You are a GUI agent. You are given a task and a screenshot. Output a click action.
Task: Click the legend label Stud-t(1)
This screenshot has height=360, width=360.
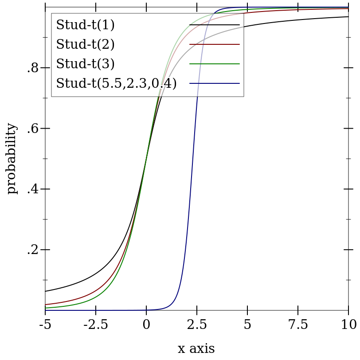pyautogui.click(x=85, y=25)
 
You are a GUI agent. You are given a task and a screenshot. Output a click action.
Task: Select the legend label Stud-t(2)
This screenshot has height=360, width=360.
pyautogui.click(x=85, y=44)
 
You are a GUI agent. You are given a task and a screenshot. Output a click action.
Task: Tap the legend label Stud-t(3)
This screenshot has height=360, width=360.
pyautogui.click(x=85, y=64)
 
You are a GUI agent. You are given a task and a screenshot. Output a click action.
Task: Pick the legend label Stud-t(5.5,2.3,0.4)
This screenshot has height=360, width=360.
pyautogui.click(x=116, y=83)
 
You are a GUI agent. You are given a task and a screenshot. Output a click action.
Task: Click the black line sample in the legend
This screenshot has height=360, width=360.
pyautogui.click(x=215, y=25)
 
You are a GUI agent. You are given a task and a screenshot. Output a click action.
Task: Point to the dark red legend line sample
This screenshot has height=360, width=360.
pyautogui.click(x=215, y=44)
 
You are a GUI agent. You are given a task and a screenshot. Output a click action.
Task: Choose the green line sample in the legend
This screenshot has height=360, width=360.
pyautogui.click(x=215, y=64)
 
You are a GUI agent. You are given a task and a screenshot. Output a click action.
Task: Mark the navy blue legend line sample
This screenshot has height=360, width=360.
pyautogui.click(x=215, y=83)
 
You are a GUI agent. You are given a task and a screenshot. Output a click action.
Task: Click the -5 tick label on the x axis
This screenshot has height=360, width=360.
pyautogui.click(x=45, y=325)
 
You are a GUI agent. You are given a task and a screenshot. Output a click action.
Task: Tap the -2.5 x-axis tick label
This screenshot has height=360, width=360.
pyautogui.click(x=96, y=325)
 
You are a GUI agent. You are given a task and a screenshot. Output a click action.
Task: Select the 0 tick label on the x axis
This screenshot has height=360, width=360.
pyautogui.click(x=146, y=325)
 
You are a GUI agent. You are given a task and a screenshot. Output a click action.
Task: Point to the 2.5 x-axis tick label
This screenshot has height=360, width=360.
pyautogui.click(x=197, y=325)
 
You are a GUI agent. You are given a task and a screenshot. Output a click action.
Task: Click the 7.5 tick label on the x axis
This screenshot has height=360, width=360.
pyautogui.click(x=298, y=325)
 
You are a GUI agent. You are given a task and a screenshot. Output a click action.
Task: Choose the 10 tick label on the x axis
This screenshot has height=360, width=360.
pyautogui.click(x=349, y=325)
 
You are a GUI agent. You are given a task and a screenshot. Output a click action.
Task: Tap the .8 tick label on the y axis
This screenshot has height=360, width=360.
pyautogui.click(x=33, y=68)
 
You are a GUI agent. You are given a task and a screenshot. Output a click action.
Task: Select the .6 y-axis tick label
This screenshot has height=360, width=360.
pyautogui.click(x=33, y=129)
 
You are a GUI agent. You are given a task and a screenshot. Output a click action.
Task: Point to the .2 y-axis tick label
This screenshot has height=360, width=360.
pyautogui.click(x=33, y=250)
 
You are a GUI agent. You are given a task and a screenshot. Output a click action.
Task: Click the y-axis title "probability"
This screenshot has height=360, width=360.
pyautogui.click(x=12, y=159)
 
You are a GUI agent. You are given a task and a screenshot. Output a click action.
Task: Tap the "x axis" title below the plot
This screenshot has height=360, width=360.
pyautogui.click(x=196, y=349)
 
